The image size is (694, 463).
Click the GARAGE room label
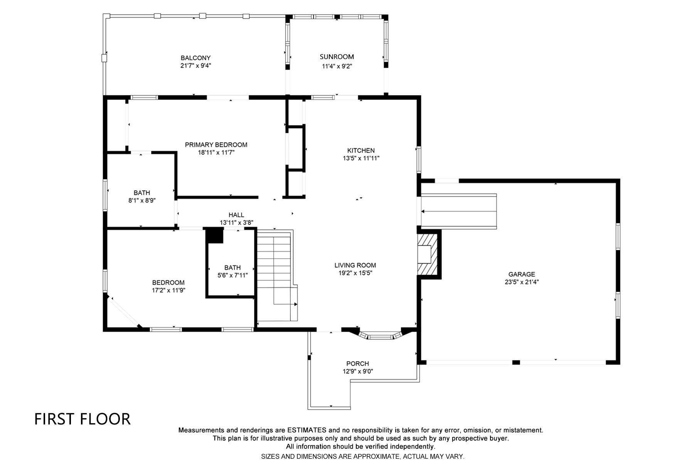point(522,274)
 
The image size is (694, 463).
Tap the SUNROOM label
point(337,57)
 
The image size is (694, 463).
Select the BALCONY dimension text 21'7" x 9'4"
point(195,66)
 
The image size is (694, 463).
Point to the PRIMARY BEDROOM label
point(216,145)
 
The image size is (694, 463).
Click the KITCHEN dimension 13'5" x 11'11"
point(361,158)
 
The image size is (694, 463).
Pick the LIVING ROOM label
point(355,265)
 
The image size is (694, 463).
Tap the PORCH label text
point(357,363)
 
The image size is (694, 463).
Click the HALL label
point(236,215)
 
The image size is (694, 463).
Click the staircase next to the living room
point(277,275)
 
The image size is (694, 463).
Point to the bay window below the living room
point(380,335)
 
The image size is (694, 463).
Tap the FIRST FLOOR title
point(83,419)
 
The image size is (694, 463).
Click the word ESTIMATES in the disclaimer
point(307,430)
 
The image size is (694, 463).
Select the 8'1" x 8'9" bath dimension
point(142,201)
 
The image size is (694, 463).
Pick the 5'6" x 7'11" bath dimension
point(232,275)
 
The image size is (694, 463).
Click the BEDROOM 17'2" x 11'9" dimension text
point(168,290)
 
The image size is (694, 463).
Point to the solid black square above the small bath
point(215,236)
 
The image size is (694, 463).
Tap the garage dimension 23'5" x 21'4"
point(522,282)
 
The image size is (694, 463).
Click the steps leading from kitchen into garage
point(459,211)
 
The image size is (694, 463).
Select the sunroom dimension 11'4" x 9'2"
point(337,66)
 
